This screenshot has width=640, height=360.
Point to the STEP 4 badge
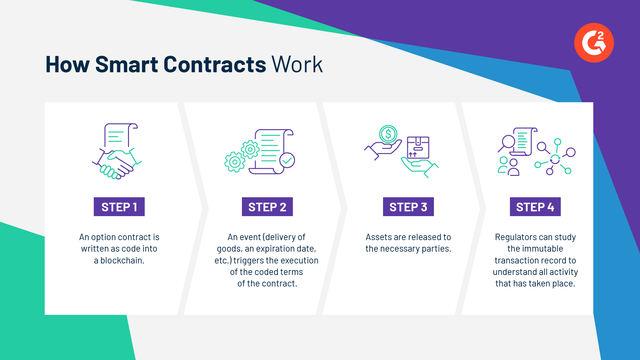coord(542,207)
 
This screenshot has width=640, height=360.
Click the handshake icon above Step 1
coord(118,160)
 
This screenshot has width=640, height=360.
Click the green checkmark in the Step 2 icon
coord(286,160)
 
